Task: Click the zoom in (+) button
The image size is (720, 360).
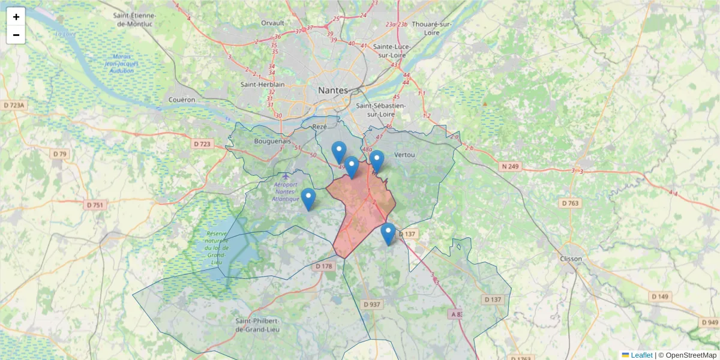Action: point(16,17)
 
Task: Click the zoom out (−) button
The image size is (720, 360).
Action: point(16,35)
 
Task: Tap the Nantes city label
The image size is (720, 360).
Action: point(332,90)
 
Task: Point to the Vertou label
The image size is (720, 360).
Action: point(405,155)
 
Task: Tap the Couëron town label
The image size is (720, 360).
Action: point(182,100)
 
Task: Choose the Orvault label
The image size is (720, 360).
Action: point(272,23)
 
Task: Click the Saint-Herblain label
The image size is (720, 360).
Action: point(262,85)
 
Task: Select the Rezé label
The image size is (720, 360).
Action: point(319,127)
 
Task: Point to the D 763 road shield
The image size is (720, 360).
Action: point(571,203)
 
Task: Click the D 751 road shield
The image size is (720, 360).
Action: point(95,205)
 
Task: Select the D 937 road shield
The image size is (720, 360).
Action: point(372,304)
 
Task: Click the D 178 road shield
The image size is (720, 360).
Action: point(323,266)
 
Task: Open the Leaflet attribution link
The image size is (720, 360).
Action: point(641,355)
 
